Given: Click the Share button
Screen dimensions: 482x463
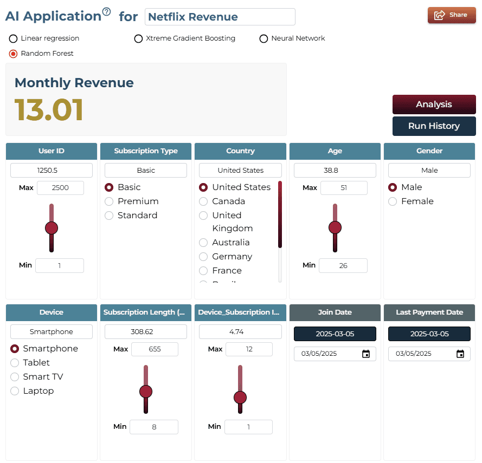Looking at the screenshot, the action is coord(452,15).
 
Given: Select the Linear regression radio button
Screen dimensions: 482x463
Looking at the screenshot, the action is coord(13,38).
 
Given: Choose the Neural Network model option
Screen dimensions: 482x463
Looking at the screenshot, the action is coord(264,38).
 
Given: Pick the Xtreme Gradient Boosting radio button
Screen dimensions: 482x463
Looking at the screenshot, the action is coord(138,38).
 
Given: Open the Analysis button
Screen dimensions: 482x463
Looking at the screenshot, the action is coord(434,105).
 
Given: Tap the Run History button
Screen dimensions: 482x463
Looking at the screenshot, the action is coord(434,126).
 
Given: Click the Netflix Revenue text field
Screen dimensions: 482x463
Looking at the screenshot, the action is coord(220,17).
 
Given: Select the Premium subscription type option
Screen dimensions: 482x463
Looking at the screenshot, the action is coord(109,201).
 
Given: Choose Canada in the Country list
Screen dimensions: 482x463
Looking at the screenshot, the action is coord(203,201).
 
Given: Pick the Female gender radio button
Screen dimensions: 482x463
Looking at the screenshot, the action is coord(393,201).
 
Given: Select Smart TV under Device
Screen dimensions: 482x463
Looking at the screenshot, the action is coord(15,377).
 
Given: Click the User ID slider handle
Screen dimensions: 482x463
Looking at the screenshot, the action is coord(52,228).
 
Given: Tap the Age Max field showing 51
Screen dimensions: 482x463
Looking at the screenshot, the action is coord(344,188).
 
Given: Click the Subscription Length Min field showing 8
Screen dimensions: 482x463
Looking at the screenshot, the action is coord(154,427).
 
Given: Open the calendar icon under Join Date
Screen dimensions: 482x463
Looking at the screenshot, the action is coord(366,354).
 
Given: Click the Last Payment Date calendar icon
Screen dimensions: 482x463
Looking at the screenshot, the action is coord(460,354).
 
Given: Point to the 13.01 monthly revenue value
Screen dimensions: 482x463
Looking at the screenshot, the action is coord(49,109).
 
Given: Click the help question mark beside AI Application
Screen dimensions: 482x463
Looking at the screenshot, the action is coord(106,12).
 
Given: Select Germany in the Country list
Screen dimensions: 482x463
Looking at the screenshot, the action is coord(203,256).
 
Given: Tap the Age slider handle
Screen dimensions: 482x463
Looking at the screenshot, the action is coord(335,227).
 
